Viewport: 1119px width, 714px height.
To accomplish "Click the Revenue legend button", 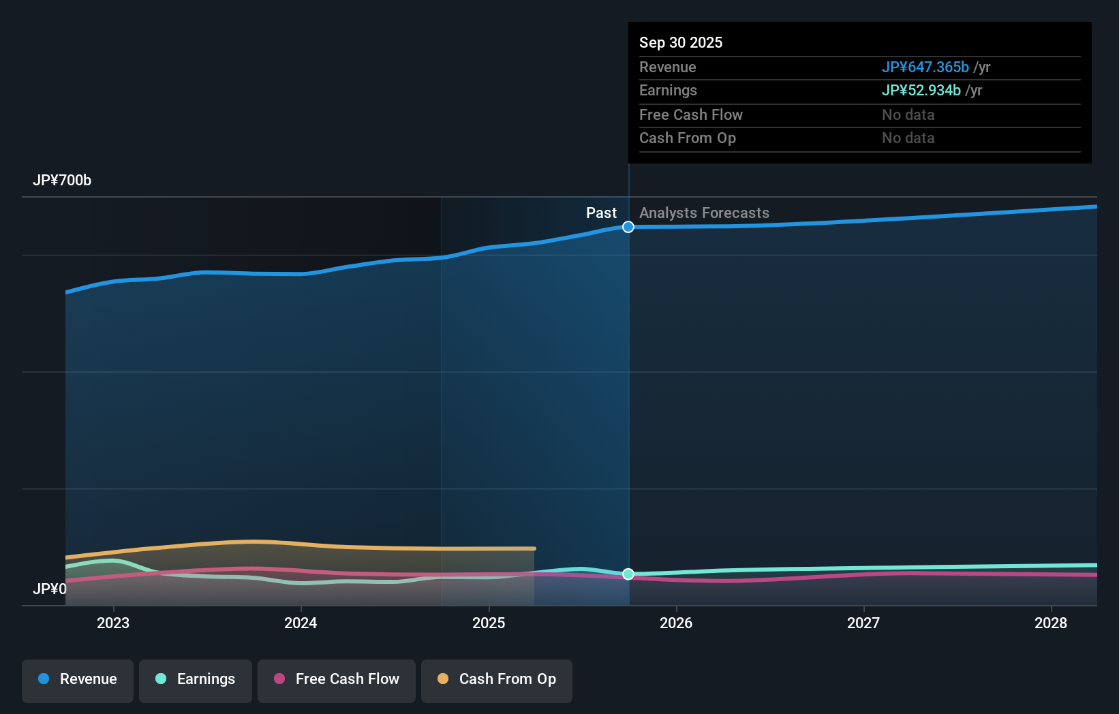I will click(78, 679).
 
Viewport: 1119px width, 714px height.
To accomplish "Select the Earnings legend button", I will click(196, 679).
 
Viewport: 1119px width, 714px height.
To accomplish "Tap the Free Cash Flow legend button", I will click(337, 679).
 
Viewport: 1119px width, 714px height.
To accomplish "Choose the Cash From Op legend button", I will click(497, 679).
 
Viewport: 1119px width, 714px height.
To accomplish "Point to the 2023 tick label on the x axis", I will click(113, 623).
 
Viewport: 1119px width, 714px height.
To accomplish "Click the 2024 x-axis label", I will click(301, 623).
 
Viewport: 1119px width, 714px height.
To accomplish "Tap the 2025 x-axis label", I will click(489, 623).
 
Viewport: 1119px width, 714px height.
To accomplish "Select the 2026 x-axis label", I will click(676, 623).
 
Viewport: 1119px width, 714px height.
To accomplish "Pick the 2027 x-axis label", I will click(863, 623).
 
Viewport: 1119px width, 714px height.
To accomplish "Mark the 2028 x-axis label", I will click(1051, 623).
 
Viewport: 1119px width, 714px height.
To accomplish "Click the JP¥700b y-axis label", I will click(62, 181).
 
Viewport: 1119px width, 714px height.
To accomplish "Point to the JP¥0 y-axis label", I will click(50, 589).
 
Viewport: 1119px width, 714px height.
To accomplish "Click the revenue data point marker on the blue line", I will click(628, 227).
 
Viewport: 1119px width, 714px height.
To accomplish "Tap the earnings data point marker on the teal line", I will click(628, 574).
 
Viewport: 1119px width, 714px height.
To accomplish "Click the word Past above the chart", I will click(601, 213).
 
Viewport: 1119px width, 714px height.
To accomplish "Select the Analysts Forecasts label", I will click(704, 213).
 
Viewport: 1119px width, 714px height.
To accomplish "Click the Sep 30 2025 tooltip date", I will click(681, 42).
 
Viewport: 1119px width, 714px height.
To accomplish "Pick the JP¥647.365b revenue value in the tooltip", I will click(925, 67).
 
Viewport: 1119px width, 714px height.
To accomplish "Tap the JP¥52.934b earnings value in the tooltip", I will click(921, 90).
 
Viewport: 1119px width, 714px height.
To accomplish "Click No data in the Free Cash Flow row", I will click(908, 114).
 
